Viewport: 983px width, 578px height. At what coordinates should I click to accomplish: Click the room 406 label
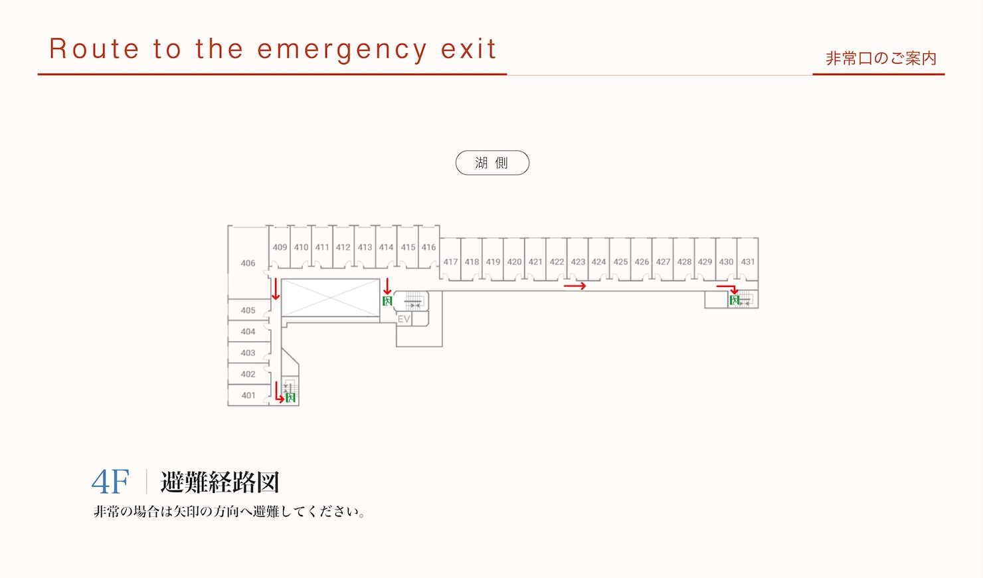pyautogui.click(x=248, y=263)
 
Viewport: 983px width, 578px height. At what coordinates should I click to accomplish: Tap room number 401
pyautogui.click(x=248, y=395)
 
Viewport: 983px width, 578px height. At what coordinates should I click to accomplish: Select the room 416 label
pyautogui.click(x=429, y=248)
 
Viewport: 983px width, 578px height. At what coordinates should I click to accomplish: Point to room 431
pyautogui.click(x=748, y=262)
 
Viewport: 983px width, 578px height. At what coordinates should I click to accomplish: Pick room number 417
pyautogui.click(x=451, y=262)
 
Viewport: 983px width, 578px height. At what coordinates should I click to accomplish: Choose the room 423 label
pyautogui.click(x=578, y=262)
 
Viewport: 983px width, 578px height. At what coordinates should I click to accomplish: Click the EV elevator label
pyautogui.click(x=404, y=319)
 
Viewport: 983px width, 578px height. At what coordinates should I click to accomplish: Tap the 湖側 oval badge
pyautogui.click(x=492, y=163)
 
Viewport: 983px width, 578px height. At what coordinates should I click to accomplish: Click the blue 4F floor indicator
pyautogui.click(x=110, y=482)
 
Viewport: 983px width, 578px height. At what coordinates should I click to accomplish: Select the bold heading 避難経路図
pyautogui.click(x=220, y=482)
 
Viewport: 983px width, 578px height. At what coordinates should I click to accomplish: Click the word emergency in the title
pyautogui.click(x=342, y=49)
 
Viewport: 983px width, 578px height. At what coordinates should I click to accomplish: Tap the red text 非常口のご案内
pyautogui.click(x=881, y=58)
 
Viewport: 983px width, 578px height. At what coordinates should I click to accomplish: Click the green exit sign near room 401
pyautogui.click(x=290, y=398)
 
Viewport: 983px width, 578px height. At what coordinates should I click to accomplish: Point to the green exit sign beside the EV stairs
pyautogui.click(x=387, y=301)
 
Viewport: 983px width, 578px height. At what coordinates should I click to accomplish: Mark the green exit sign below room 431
pyautogui.click(x=735, y=300)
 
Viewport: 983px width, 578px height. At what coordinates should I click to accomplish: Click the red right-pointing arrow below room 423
pyautogui.click(x=575, y=286)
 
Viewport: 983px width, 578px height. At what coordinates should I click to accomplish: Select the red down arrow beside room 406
pyautogui.click(x=276, y=289)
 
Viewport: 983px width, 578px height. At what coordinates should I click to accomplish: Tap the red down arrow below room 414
pyautogui.click(x=387, y=286)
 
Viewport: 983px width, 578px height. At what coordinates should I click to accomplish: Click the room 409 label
pyautogui.click(x=280, y=248)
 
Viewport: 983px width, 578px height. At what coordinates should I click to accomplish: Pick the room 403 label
pyautogui.click(x=248, y=353)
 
